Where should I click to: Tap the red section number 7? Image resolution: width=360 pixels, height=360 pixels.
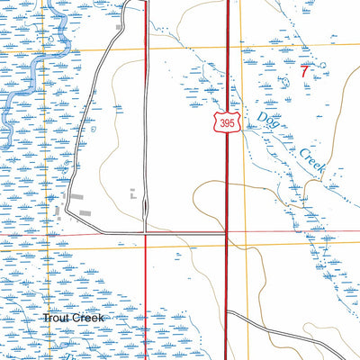click(305, 69)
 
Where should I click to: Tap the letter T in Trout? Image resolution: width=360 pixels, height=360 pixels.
click(45, 319)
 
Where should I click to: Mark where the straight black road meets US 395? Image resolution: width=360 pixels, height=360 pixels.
click(226, 233)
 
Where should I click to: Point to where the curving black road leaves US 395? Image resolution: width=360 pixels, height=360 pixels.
click(228, 312)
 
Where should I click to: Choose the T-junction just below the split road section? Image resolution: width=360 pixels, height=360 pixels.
click(146, 233)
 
